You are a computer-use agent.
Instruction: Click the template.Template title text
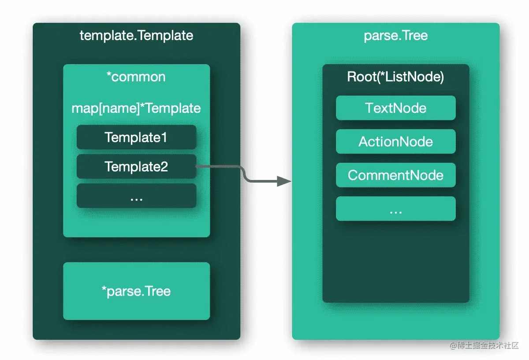[x=136, y=36]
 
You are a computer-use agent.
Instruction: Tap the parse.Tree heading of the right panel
[x=396, y=36]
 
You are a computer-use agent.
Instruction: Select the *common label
[x=136, y=77]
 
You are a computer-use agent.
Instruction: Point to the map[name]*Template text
[x=136, y=108]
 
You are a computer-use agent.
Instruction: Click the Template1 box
[x=137, y=137]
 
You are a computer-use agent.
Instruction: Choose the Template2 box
[x=137, y=167]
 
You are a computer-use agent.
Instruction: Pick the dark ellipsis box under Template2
[x=137, y=196]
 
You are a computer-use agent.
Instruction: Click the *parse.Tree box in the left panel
[x=137, y=291]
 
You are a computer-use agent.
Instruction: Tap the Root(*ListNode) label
[x=395, y=77]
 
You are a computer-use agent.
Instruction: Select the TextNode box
[x=396, y=108]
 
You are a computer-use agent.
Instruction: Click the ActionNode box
[x=396, y=141]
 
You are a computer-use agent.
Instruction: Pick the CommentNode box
[x=396, y=175]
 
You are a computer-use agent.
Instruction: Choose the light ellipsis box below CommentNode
[x=396, y=208]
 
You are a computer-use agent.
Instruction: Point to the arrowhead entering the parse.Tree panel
[x=284, y=181]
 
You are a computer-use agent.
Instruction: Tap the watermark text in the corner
[x=484, y=345]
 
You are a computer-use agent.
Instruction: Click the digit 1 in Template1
[x=164, y=137]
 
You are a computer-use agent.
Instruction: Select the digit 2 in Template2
[x=164, y=167]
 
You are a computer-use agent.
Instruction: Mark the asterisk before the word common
[x=109, y=74]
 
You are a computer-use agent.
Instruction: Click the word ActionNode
[x=396, y=141]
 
